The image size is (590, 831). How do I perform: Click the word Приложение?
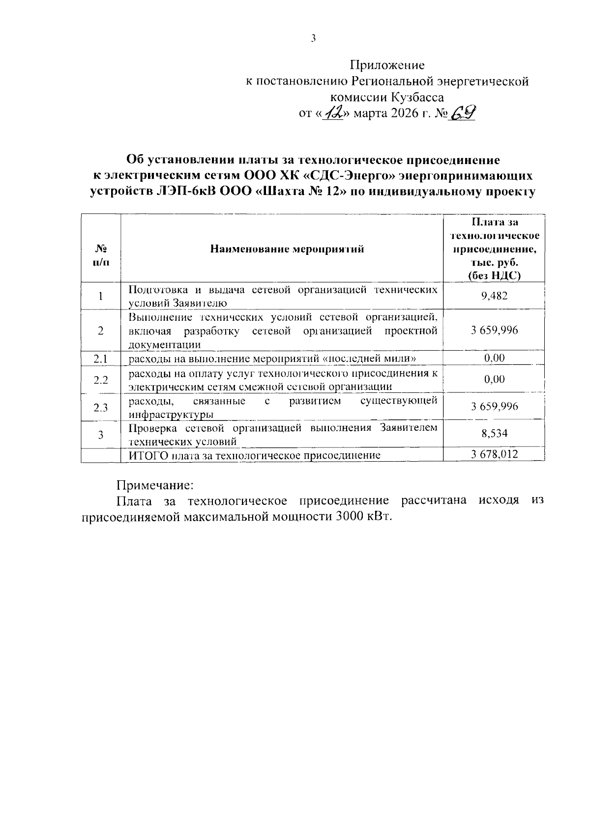tap(387, 65)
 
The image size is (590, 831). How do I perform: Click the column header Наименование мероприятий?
tap(287, 249)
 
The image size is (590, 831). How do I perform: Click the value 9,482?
tap(494, 296)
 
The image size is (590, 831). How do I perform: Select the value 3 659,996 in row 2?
tap(494, 330)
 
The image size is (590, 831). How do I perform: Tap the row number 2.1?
tap(101, 359)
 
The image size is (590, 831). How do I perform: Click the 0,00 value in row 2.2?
tap(494, 379)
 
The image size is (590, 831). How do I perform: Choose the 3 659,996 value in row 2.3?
tap(494, 407)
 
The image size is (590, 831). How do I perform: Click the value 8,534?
tap(494, 434)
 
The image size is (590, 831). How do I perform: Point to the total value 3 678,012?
tap(494, 454)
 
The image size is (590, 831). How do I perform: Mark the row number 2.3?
tap(101, 407)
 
